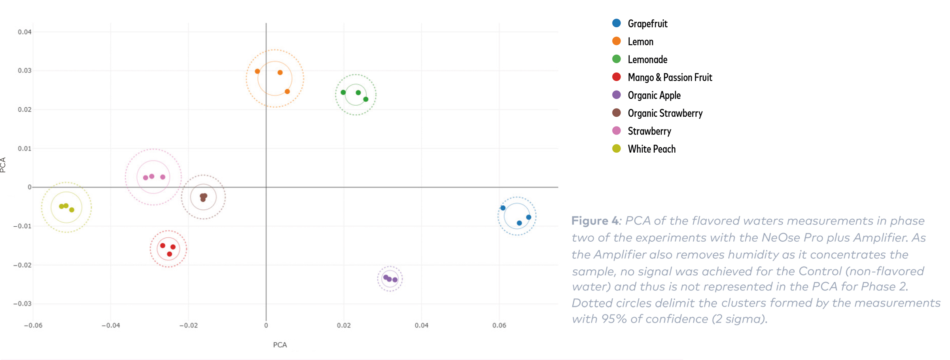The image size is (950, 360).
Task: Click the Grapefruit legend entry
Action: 647,24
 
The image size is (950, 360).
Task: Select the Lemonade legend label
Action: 647,60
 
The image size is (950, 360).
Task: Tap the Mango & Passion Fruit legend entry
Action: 670,78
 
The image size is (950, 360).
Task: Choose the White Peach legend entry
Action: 651,149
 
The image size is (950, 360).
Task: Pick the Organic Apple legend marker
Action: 616,95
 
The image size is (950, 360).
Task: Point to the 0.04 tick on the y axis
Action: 25,32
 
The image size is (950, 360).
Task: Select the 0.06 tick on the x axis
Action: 499,326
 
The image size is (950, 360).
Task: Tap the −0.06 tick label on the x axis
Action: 33,326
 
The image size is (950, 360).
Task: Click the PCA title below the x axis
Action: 280,345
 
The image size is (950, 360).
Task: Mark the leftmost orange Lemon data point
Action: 257,72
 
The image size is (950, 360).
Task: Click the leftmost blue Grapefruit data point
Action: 503,208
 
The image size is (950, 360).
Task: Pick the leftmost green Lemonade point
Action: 343,93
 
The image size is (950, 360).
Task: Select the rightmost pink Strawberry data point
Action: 163,177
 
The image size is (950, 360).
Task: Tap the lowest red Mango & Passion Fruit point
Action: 169,254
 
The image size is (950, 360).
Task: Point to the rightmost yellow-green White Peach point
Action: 72,210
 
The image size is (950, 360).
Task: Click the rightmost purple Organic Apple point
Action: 395,280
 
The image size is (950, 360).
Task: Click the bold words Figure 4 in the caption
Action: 595,221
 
